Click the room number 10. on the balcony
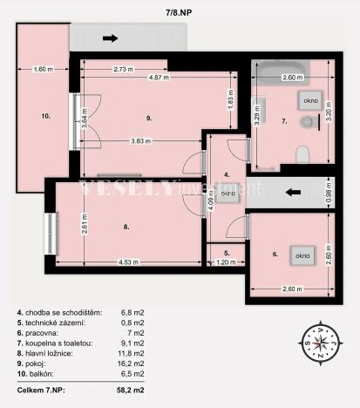click(44, 114)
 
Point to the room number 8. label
click(126, 227)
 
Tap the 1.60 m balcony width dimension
click(42, 68)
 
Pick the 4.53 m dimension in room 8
click(130, 262)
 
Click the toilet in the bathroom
click(302, 153)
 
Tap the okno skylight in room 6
click(302, 255)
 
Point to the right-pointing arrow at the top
click(111, 37)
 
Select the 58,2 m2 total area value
click(132, 391)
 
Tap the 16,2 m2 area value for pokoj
click(132, 364)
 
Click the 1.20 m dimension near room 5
click(226, 262)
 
